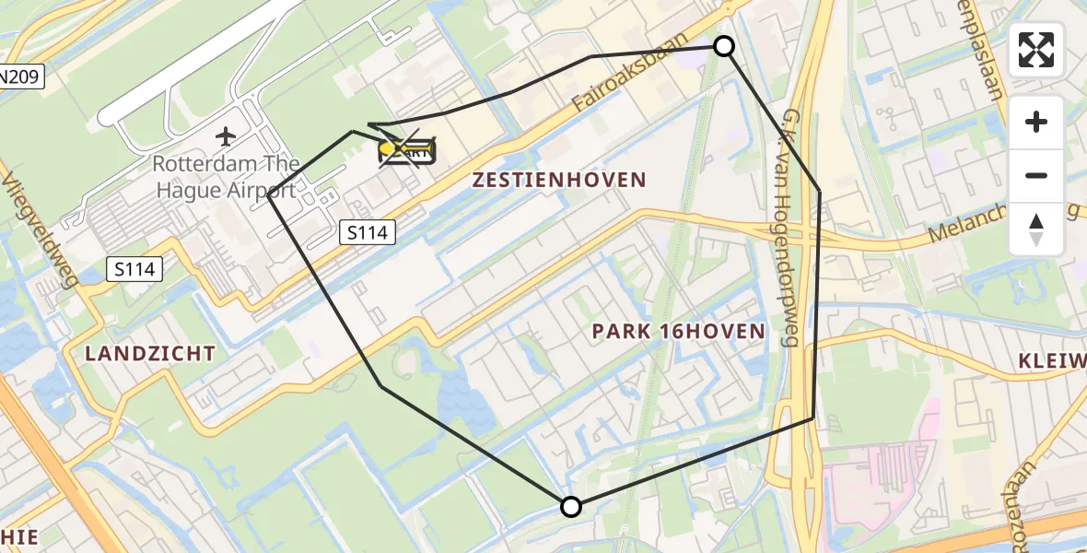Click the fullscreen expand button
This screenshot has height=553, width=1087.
point(1036,50)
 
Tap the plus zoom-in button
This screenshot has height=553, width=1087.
point(1036,122)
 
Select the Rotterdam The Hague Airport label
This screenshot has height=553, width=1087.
point(225,177)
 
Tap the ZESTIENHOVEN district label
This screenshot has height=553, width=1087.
point(559,180)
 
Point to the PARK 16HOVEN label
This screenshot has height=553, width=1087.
point(678,331)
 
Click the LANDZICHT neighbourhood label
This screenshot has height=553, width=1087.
point(151,353)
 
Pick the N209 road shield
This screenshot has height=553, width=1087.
point(20,77)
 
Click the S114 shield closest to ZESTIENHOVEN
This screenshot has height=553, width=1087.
point(367,233)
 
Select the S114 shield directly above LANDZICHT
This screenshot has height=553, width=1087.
point(134,269)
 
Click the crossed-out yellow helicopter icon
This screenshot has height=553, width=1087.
point(406,150)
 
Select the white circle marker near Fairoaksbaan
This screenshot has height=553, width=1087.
point(724,46)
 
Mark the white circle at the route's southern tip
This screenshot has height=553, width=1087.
point(571,506)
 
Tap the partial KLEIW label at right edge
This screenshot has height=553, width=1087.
point(1054,359)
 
